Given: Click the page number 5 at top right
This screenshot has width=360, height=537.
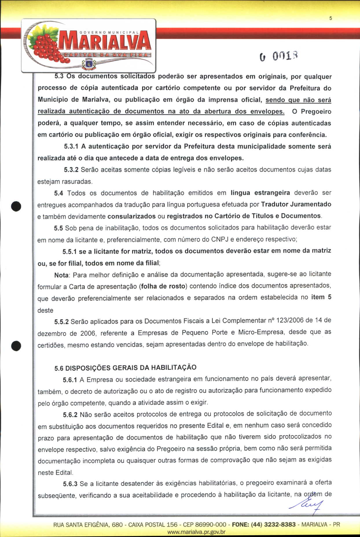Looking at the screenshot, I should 330,18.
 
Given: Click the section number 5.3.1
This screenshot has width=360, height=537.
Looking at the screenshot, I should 71,146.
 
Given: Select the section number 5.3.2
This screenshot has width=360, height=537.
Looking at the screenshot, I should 71,170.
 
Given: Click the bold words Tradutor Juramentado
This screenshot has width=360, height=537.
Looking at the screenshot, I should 296,204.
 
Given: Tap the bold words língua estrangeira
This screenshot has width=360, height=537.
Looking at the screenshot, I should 260,193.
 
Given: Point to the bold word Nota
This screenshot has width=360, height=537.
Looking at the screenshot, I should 61,275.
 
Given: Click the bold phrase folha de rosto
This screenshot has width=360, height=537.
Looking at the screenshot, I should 163,286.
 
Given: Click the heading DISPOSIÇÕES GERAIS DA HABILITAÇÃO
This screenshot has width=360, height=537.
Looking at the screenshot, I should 131,368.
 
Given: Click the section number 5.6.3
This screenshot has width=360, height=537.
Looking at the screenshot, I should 70,484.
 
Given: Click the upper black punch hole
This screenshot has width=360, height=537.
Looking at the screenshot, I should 16,206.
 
